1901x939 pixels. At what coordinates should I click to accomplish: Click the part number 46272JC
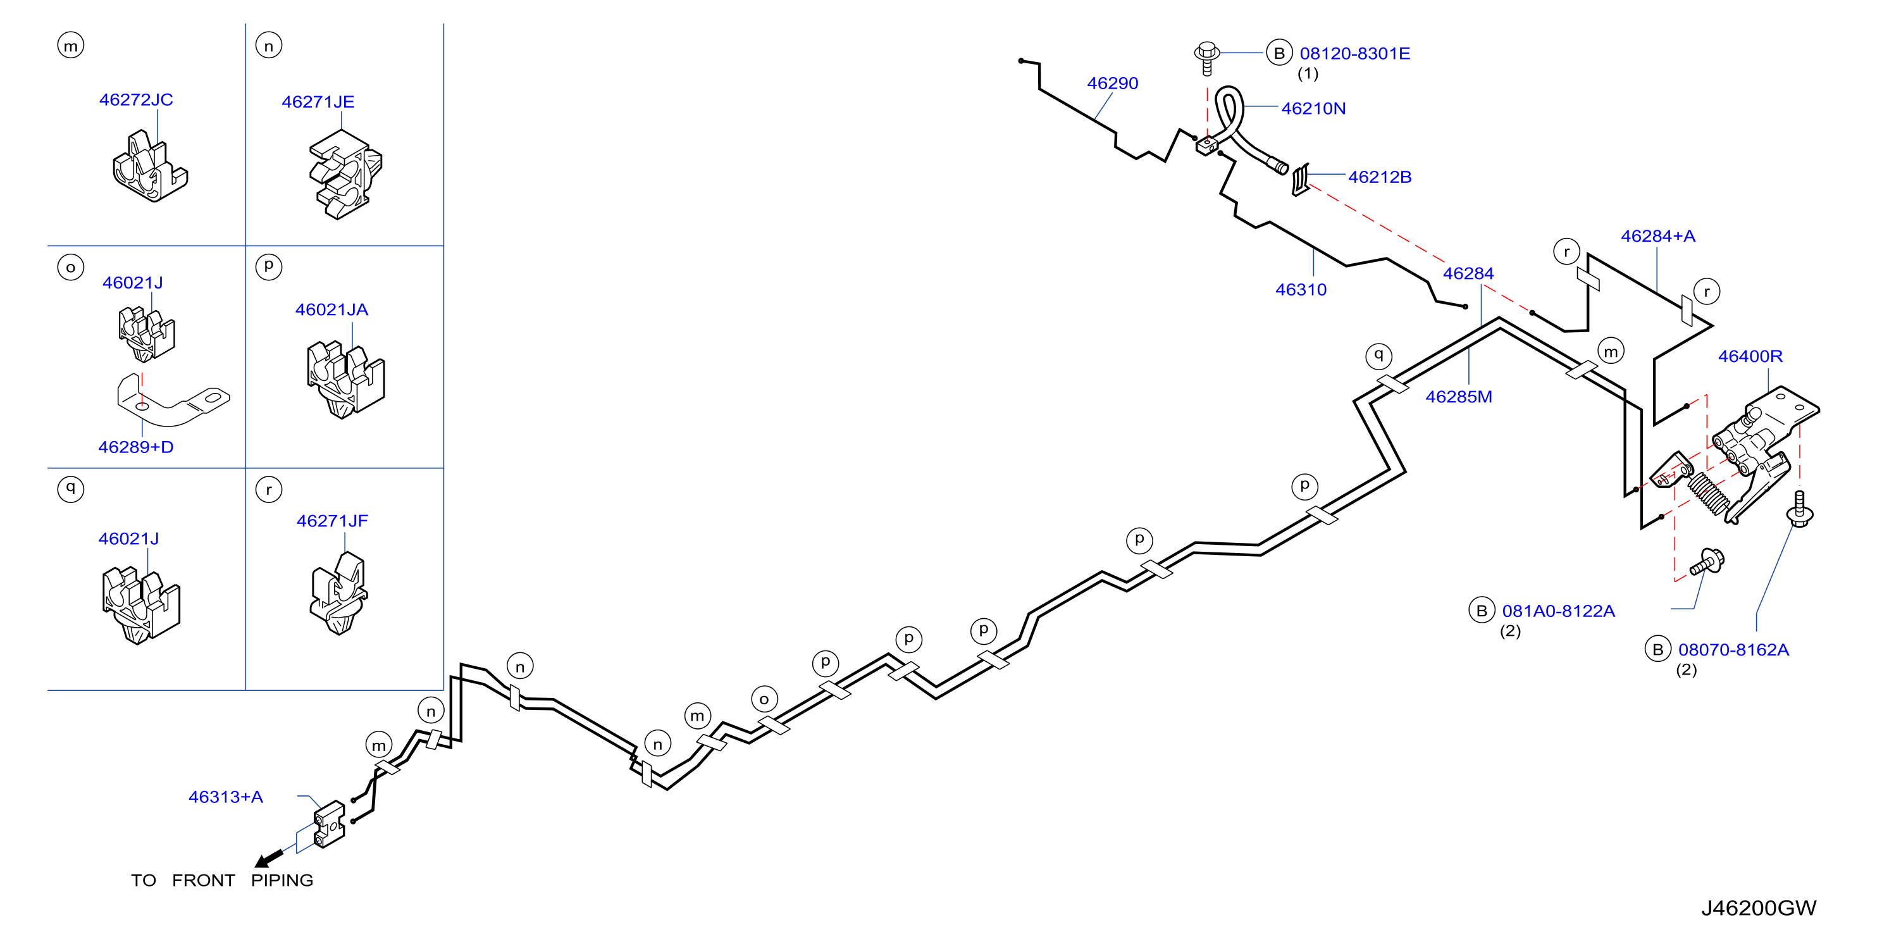(136, 100)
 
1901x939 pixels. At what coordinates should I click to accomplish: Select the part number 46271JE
(318, 102)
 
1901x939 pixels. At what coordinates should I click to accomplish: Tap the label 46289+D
(136, 447)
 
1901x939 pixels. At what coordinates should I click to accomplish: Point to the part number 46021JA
(331, 310)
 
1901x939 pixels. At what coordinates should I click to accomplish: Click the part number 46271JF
(332, 521)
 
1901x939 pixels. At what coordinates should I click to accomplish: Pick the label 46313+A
(226, 797)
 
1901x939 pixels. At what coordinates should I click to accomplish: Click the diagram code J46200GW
(1759, 908)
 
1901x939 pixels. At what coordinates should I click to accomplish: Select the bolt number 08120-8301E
(1355, 54)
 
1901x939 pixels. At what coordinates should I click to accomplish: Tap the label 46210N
(1313, 109)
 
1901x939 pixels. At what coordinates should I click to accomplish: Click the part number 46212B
(1380, 177)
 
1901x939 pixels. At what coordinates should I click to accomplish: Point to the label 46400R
(1750, 357)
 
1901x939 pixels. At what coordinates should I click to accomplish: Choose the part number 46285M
(1459, 397)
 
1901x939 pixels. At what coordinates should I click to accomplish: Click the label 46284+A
(1658, 236)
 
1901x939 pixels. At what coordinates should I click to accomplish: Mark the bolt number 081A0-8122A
(1559, 611)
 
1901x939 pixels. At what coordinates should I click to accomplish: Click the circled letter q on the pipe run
(1378, 356)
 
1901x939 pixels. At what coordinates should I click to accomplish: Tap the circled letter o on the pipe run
(764, 699)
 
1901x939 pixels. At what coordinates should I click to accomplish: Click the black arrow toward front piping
(269, 859)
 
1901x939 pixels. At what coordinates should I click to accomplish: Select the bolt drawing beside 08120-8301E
(1207, 58)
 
